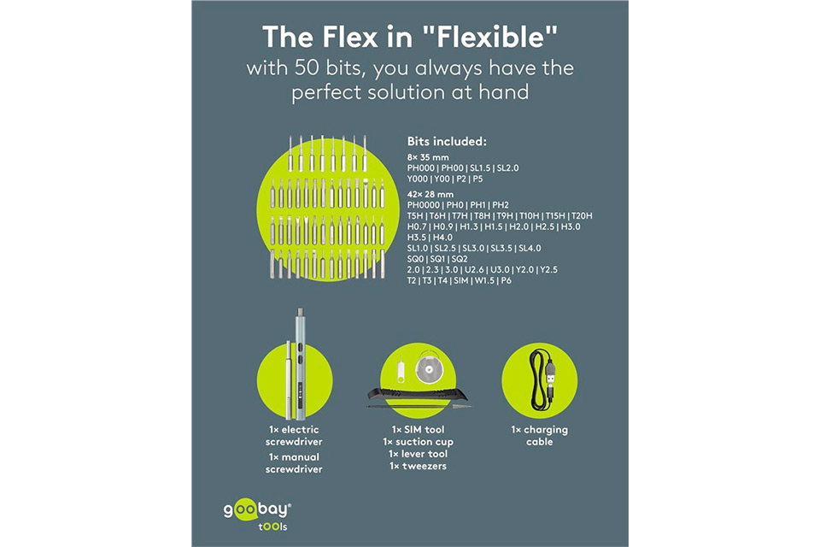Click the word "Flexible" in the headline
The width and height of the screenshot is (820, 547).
pos(496,37)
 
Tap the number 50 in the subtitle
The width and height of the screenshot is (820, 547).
pos(307,68)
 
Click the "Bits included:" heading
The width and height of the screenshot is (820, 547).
pos(447,141)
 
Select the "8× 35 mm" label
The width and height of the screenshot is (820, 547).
pos(428,157)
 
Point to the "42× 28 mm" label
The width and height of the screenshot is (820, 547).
pos(430,194)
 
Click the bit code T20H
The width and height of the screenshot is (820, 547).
pos(582,215)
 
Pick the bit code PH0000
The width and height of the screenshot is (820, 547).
pos(423,204)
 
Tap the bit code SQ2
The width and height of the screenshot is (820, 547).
pos(460,259)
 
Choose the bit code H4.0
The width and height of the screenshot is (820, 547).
pos(443,237)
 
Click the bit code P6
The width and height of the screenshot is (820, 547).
pos(506,280)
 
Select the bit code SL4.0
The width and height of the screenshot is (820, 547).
pos(530,248)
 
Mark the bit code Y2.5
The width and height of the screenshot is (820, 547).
pos(548,269)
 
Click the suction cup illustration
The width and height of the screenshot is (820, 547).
pos(429,368)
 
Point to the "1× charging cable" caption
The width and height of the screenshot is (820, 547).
pos(539,436)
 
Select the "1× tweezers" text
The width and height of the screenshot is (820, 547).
pos(418,466)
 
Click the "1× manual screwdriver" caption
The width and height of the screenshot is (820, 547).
pos(294,463)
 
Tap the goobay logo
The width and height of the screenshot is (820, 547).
pos(257,509)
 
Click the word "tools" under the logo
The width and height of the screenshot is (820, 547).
pos(272,526)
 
